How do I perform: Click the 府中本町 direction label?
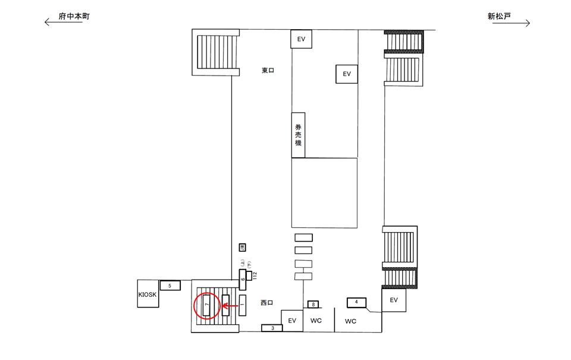(x=74, y=17)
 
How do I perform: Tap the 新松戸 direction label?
(x=499, y=17)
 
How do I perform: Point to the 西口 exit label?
(x=266, y=303)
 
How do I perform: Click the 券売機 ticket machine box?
(x=298, y=135)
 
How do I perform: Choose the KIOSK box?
(x=148, y=294)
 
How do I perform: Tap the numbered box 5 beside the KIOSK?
(x=170, y=286)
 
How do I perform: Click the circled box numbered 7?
(x=206, y=306)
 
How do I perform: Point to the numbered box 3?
(x=272, y=328)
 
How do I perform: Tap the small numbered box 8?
(x=313, y=305)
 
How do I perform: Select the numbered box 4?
(x=356, y=302)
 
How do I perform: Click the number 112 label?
(x=254, y=276)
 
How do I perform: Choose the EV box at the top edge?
(x=301, y=39)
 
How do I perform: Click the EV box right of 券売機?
(x=347, y=74)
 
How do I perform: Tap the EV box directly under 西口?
(x=291, y=321)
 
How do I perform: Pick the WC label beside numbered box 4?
(x=350, y=321)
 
